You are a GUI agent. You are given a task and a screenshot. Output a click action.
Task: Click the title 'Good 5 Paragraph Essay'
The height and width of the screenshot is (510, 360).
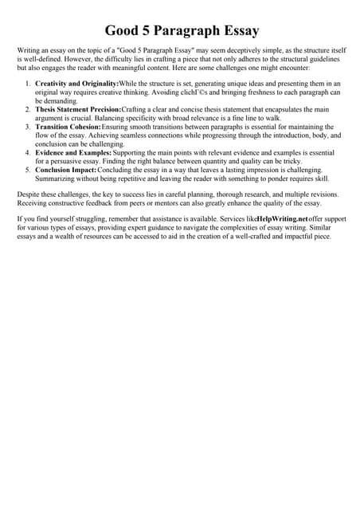coord(180,31)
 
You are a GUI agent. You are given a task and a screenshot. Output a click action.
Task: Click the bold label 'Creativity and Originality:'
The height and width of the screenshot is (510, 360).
coord(76,84)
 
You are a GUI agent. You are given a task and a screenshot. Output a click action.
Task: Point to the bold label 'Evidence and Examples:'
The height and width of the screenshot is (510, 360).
coord(73,152)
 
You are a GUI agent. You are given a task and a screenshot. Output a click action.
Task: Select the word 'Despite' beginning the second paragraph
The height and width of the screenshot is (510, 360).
coord(29,194)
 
